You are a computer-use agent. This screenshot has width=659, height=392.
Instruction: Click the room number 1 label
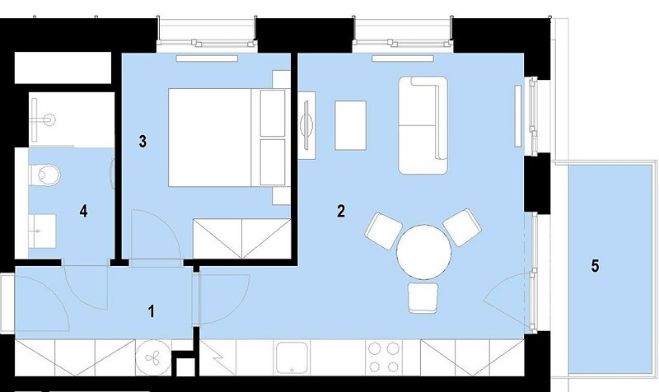(x=152, y=311)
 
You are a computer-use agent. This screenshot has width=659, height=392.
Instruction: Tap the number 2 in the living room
(x=341, y=211)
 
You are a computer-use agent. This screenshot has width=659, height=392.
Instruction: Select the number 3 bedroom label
(x=143, y=142)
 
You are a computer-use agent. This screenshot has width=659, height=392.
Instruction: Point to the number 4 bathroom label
(x=84, y=211)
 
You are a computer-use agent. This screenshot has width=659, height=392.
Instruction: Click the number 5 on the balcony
(x=595, y=266)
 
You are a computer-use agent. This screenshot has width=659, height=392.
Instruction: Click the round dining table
(x=424, y=252)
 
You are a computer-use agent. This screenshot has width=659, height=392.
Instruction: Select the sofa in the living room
(x=423, y=125)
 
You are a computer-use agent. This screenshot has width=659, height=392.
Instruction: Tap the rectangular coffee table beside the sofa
(x=351, y=125)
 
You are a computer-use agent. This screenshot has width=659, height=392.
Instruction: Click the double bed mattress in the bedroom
(x=210, y=138)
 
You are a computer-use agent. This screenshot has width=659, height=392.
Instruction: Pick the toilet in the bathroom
(x=44, y=175)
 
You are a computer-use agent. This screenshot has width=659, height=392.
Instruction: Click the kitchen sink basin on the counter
(x=292, y=357)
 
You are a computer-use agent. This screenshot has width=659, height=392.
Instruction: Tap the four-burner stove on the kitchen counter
(x=383, y=357)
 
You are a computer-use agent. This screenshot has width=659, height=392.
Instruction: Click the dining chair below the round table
(x=423, y=298)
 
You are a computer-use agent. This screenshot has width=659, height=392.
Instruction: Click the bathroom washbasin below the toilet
(x=42, y=231)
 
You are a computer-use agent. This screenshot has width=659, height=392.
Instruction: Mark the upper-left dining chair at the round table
(x=384, y=230)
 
